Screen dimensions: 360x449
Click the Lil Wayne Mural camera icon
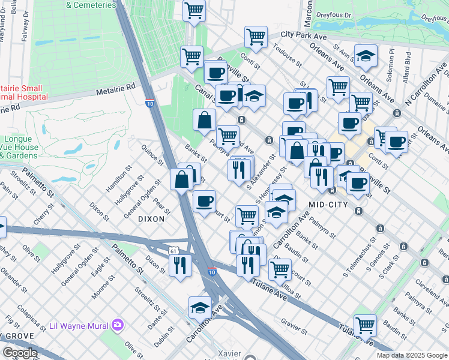118,325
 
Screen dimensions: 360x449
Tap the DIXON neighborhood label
151,219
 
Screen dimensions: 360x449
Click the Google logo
19,353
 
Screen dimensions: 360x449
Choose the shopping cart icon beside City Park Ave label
256,37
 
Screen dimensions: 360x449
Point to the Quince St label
152,154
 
